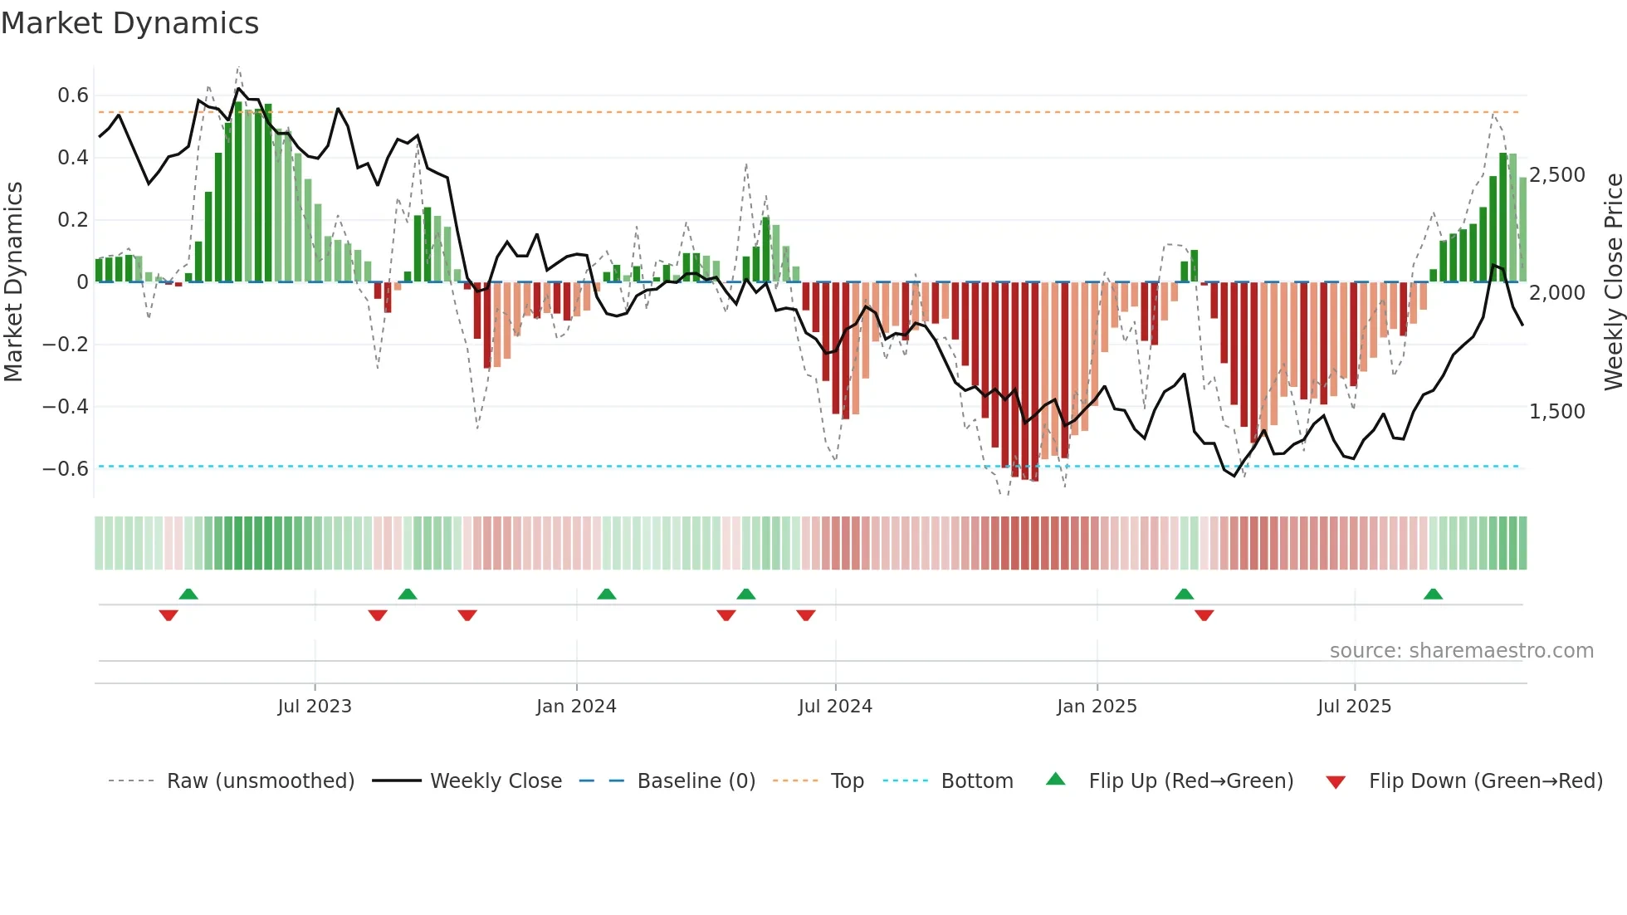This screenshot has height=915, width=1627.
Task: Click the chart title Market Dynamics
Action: [x=130, y=23]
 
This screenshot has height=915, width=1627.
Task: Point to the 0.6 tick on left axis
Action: [x=73, y=95]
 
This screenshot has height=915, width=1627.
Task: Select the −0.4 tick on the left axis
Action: [x=66, y=406]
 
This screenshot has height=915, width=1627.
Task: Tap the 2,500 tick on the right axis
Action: [x=1556, y=175]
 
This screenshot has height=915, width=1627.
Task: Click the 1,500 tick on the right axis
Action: [x=1556, y=412]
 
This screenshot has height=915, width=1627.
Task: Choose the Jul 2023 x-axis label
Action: [x=315, y=707]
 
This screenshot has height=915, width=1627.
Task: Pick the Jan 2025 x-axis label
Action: [x=1097, y=707]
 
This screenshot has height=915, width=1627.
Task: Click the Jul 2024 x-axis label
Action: [x=835, y=707]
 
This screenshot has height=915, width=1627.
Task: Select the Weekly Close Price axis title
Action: [x=1613, y=281]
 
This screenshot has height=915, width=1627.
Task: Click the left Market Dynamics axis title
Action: [x=13, y=281]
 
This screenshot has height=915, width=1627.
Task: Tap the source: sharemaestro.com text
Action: [x=1461, y=651]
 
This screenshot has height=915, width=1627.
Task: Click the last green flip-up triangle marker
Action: [x=1433, y=594]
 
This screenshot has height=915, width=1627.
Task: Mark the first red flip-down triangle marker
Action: [x=169, y=615]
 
